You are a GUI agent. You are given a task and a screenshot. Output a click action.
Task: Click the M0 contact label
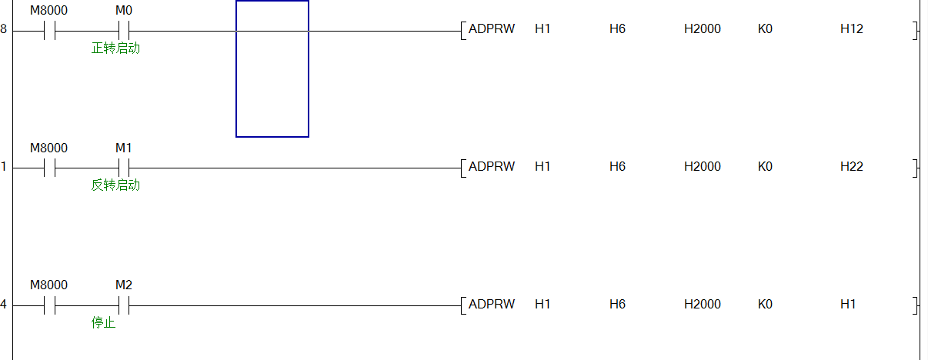coord(123,11)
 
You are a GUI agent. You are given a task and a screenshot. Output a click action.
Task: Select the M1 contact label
coord(123,148)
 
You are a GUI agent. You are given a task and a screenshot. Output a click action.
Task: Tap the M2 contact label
coord(123,285)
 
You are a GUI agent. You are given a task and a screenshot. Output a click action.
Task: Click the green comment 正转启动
coord(115,48)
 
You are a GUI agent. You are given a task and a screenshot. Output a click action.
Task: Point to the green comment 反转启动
coord(115,185)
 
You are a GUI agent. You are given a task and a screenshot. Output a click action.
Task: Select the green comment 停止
coord(103,322)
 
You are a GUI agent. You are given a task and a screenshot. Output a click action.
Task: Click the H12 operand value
coord(851,29)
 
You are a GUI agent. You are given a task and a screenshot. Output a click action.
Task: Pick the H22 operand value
coord(851,166)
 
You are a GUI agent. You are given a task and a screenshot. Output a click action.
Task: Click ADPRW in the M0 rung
coord(491,29)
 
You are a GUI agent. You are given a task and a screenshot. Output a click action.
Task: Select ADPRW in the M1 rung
coord(491,166)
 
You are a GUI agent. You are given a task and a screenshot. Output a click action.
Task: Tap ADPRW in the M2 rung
coord(491,304)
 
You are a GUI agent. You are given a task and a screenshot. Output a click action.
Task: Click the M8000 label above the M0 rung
coord(48,11)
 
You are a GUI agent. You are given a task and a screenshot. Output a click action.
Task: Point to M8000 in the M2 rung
coord(48,285)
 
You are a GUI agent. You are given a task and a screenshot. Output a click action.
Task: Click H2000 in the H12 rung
coord(702,29)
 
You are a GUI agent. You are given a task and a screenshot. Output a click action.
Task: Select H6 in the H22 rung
coord(617,166)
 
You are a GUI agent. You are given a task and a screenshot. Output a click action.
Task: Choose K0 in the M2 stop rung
coord(764,304)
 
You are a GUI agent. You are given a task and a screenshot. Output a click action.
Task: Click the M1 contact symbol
coord(123,168)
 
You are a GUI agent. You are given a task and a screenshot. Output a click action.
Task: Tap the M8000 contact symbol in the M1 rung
coord(49,168)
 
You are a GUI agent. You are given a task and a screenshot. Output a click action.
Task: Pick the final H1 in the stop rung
coord(848,304)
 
